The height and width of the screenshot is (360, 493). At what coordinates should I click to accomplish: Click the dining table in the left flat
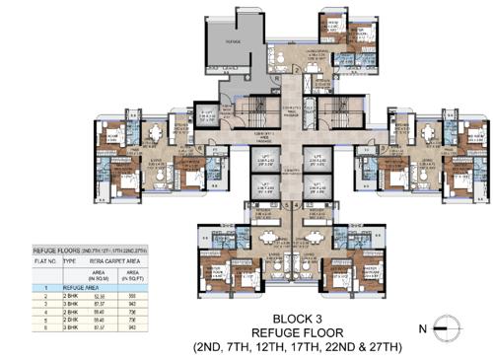pyautogui.click(x=153, y=130)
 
